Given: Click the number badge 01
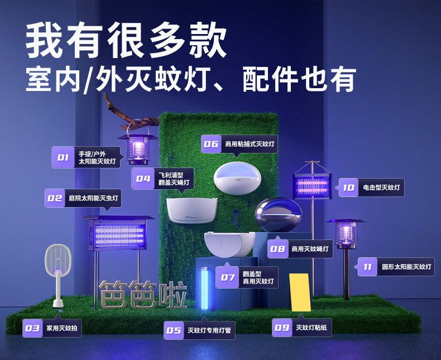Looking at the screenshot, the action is pos(63,157).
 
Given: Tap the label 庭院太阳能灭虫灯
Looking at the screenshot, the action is pos(93,198).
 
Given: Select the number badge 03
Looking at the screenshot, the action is pos(32,328).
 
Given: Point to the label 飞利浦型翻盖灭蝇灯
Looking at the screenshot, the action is pos(174,179).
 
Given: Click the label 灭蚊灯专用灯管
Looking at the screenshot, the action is pos(209,330).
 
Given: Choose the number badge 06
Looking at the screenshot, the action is pos(211,144).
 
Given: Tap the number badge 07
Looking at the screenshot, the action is pos(228,277).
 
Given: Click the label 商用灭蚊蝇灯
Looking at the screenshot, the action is pos(310,249).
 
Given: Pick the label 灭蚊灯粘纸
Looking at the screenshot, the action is pos(311,328).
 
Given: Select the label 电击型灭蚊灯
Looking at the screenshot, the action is pos(381,188).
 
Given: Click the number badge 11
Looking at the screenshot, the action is pos(368,267).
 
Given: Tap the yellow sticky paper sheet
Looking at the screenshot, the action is pos(300,292).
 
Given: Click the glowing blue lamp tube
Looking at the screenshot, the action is pos(205,289).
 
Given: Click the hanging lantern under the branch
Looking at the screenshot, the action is pos(137,146).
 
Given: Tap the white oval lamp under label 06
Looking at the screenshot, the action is pos(237,178).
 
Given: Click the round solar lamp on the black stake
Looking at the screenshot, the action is pos(346,233).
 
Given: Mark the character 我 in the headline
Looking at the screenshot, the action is pos(45,40).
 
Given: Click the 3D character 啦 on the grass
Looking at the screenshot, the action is pos(172,295).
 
